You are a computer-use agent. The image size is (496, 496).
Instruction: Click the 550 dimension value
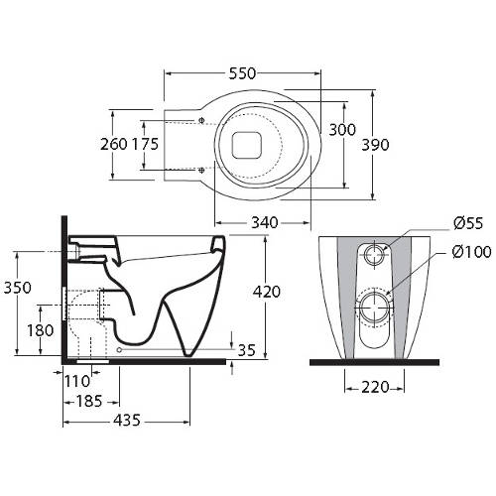[242, 73]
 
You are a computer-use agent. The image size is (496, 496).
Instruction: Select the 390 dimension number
[375, 145]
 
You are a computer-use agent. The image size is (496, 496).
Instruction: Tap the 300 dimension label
[342, 130]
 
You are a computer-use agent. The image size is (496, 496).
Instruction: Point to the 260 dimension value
[114, 144]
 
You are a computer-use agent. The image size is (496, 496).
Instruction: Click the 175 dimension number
[145, 144]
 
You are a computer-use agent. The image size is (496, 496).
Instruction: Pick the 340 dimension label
[265, 222]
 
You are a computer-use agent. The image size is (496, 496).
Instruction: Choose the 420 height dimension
[267, 292]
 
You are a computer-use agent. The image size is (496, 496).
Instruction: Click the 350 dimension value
[18, 288]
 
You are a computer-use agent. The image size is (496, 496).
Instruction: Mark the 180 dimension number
[40, 330]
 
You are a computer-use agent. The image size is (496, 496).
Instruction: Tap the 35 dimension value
[247, 350]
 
